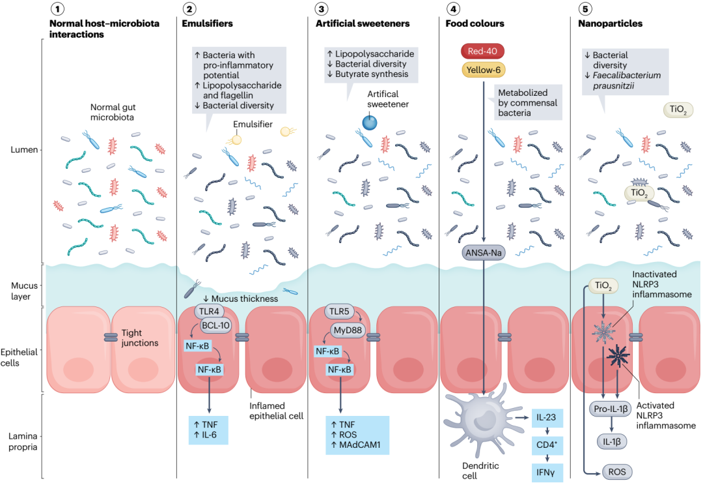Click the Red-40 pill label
point(482,51)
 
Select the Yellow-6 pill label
point(482,69)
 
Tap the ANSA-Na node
point(483,253)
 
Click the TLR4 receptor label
point(210,311)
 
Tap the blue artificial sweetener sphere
point(370,121)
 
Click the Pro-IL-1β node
point(611,409)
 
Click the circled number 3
point(320,9)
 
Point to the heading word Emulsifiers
point(208,23)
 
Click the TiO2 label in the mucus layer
point(599,285)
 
